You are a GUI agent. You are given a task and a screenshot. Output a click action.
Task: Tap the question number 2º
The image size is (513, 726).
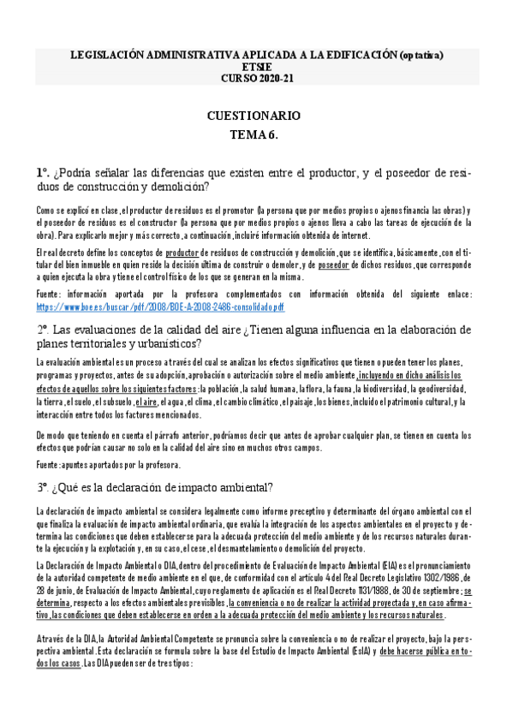[42, 330]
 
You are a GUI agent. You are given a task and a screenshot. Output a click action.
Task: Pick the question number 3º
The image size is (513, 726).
[42, 487]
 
